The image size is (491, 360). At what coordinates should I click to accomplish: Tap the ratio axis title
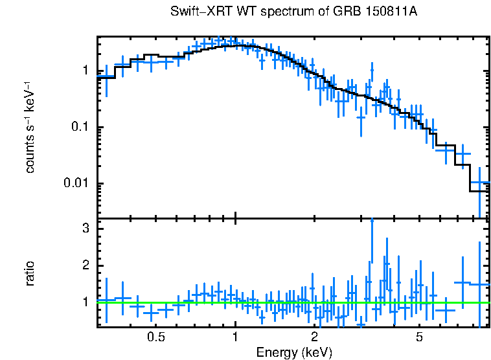point(30,274)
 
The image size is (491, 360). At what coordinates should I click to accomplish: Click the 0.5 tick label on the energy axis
point(155,337)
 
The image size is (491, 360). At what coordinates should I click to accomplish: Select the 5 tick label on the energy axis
point(419,337)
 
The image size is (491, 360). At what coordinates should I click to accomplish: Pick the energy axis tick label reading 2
point(314,337)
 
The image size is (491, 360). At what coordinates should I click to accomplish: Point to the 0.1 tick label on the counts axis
point(82,127)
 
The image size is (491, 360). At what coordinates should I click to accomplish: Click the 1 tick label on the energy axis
point(235,337)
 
